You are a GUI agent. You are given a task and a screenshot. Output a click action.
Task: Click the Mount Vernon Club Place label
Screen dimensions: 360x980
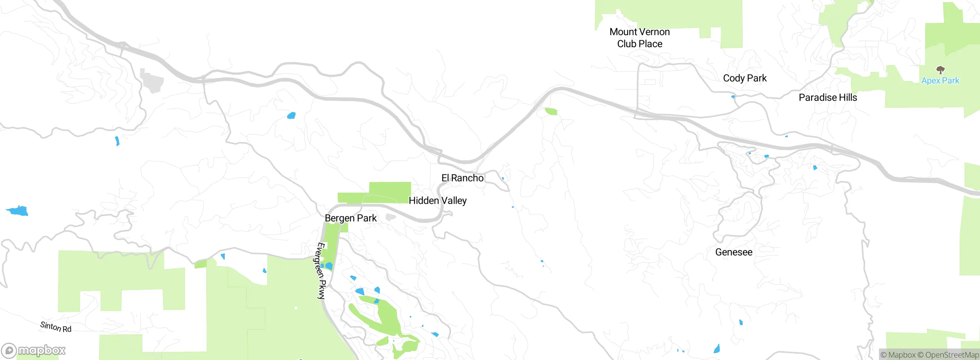click(x=639, y=38)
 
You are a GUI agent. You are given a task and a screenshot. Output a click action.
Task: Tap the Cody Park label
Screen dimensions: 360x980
click(x=745, y=78)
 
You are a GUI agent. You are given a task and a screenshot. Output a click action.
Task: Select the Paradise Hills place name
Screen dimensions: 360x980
click(x=828, y=98)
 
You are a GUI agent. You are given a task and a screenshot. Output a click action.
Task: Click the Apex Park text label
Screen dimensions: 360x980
click(x=940, y=81)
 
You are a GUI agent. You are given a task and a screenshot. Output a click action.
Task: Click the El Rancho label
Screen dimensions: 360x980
click(x=462, y=178)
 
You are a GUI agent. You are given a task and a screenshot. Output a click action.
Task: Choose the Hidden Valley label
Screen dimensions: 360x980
click(x=438, y=201)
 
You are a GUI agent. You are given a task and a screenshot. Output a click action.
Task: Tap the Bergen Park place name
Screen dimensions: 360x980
click(x=351, y=218)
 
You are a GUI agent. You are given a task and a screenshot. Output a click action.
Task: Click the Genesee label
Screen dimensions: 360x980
click(x=733, y=252)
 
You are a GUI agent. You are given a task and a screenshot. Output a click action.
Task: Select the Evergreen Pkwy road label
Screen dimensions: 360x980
click(x=321, y=270)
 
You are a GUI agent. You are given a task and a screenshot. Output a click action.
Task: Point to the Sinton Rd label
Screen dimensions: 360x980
click(x=56, y=327)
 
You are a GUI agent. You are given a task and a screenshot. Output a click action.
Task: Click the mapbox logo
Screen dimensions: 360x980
click(x=33, y=350)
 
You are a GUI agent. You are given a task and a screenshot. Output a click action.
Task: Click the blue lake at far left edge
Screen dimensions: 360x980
click(x=18, y=211)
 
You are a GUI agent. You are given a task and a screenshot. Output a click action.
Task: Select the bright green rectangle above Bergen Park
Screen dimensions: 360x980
click(x=390, y=191)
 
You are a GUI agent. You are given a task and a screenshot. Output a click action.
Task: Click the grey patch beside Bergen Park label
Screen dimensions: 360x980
click(x=390, y=218)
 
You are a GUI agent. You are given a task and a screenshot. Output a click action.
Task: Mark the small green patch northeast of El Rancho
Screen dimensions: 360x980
click(x=551, y=111)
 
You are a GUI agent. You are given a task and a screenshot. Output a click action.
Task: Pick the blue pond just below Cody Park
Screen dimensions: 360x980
click(x=733, y=97)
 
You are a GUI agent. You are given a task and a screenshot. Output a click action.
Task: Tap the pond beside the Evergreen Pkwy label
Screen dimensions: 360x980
click(x=328, y=266)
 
